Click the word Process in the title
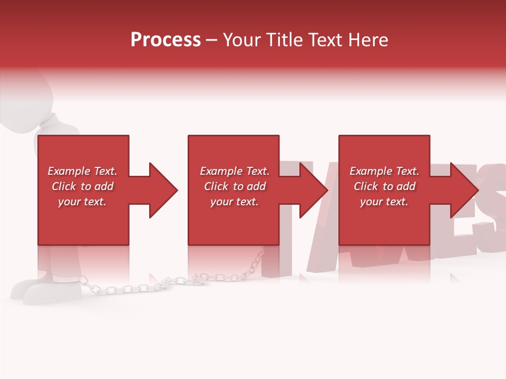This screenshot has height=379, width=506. point(166,40)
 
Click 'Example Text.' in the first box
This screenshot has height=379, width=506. point(82,171)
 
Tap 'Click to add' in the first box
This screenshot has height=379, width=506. point(82,186)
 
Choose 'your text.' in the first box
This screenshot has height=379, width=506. point(82,202)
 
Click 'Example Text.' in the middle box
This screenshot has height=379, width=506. point(234,171)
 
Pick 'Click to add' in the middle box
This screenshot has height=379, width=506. point(234,186)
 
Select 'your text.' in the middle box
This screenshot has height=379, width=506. point(234,202)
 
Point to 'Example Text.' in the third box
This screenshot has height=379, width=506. point(384,171)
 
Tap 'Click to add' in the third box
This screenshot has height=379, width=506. point(384,186)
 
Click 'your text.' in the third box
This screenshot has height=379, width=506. point(384,202)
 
